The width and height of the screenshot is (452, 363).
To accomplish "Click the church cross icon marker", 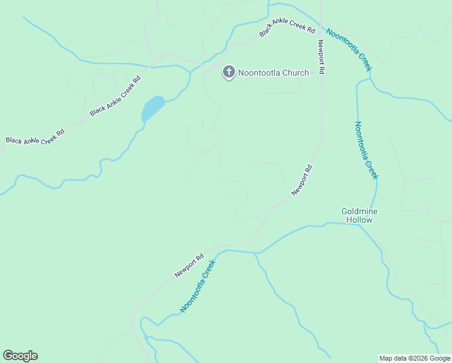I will [229, 73].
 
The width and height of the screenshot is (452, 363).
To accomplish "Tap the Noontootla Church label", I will [273, 73].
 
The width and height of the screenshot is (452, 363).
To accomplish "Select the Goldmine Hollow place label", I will [360, 215].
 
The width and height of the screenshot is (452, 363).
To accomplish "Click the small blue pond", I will [152, 109].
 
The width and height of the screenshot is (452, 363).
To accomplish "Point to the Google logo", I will [20, 356].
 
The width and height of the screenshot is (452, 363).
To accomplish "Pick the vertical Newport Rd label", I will [321, 57].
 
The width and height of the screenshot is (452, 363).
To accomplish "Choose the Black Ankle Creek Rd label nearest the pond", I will [115, 96].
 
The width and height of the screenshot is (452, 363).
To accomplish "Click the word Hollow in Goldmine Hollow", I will [360, 220].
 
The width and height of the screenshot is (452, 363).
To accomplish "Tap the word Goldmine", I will [360, 211].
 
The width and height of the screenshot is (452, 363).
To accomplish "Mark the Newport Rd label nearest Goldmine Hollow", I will [302, 180].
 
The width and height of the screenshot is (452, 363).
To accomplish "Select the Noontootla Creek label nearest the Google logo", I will [198, 286].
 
